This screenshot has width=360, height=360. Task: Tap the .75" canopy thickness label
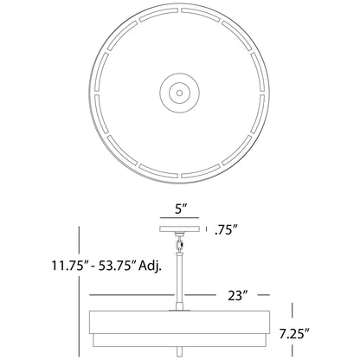coord(226,229)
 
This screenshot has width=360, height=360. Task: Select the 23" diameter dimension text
coord(238,295)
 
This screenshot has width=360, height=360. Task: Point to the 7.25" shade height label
coord(294,334)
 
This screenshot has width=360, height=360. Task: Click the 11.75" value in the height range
coord(68,266)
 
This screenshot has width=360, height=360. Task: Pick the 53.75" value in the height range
coord(117,266)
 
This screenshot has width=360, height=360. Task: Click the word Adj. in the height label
coord(150,266)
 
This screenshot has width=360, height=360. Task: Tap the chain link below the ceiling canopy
coord(180,244)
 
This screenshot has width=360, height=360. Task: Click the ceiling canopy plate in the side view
coord(179,229)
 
